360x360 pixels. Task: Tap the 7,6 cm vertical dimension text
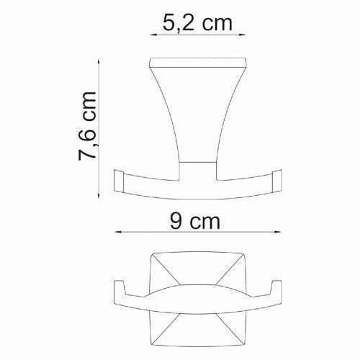click(x=87, y=127)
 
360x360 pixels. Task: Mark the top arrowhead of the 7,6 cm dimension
click(x=99, y=60)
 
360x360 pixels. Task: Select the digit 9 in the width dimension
click(x=166, y=221)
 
